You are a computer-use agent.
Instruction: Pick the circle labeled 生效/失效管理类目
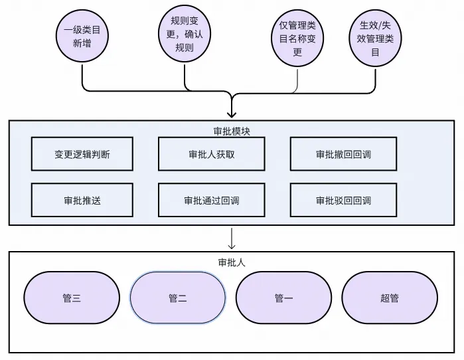(376, 38)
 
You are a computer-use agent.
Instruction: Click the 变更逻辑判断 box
(82, 154)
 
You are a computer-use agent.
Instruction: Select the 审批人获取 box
(211, 154)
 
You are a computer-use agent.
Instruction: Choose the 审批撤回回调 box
(343, 154)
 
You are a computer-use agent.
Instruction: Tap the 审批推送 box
(82, 200)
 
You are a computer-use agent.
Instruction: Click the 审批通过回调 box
(211, 200)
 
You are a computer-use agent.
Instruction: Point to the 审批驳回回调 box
(343, 200)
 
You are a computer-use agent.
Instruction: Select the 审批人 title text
(232, 262)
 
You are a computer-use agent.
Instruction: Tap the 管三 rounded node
(72, 298)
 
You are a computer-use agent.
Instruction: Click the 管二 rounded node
(177, 298)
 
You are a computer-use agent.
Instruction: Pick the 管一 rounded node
(283, 298)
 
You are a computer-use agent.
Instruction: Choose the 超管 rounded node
(390, 298)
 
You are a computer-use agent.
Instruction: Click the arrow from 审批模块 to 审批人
(232, 238)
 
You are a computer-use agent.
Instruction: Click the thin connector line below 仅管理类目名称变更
(297, 78)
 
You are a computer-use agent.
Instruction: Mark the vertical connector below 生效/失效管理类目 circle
(376, 76)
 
